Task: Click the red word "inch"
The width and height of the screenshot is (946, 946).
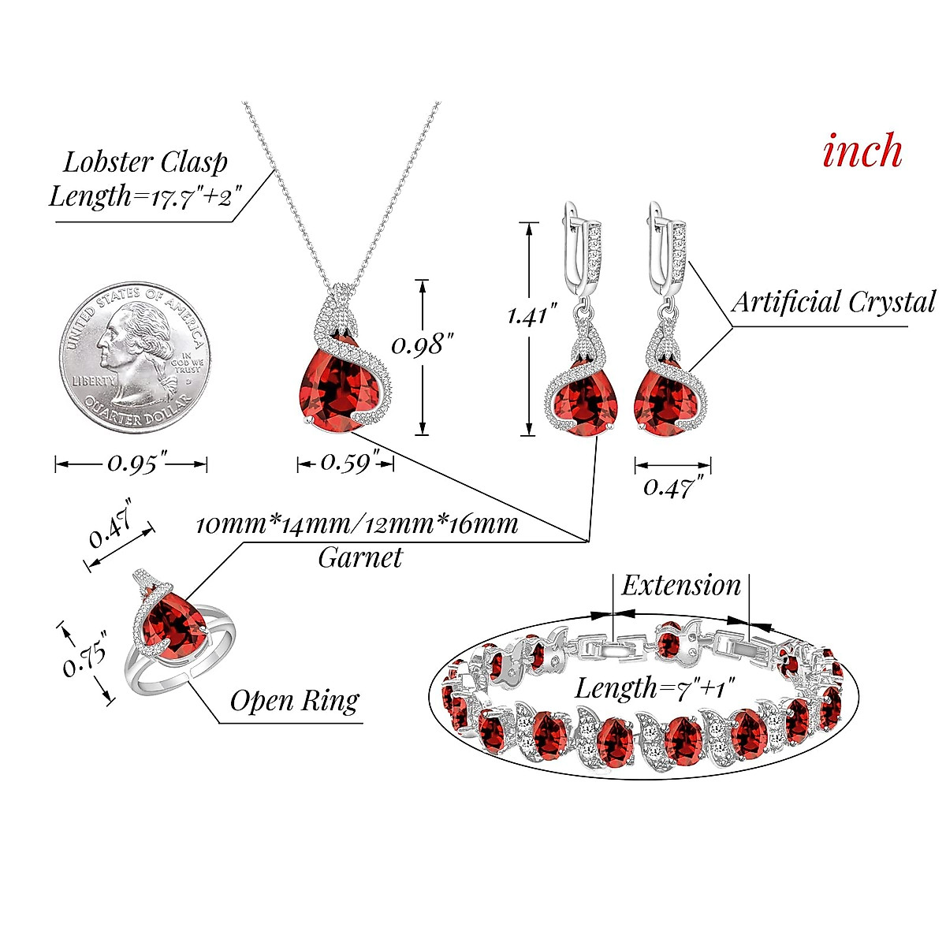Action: tap(862, 151)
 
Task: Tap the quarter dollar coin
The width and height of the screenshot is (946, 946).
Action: tap(132, 356)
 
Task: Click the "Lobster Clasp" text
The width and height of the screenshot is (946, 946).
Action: tap(145, 162)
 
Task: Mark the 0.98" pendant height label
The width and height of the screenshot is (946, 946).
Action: tap(423, 345)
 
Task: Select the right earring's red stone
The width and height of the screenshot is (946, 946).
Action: tap(666, 402)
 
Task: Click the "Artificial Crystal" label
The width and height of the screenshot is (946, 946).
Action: tap(832, 302)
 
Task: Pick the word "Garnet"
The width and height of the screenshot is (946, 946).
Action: tap(360, 557)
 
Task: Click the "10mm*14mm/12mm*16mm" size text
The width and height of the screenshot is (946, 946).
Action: tap(356, 524)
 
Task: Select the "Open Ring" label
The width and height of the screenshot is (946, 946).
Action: tap(294, 700)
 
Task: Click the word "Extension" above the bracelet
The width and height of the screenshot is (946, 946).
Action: tap(681, 586)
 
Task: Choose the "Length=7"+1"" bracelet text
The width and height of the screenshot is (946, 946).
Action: tap(654, 687)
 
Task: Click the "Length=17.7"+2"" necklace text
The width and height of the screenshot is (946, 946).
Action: tap(144, 196)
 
